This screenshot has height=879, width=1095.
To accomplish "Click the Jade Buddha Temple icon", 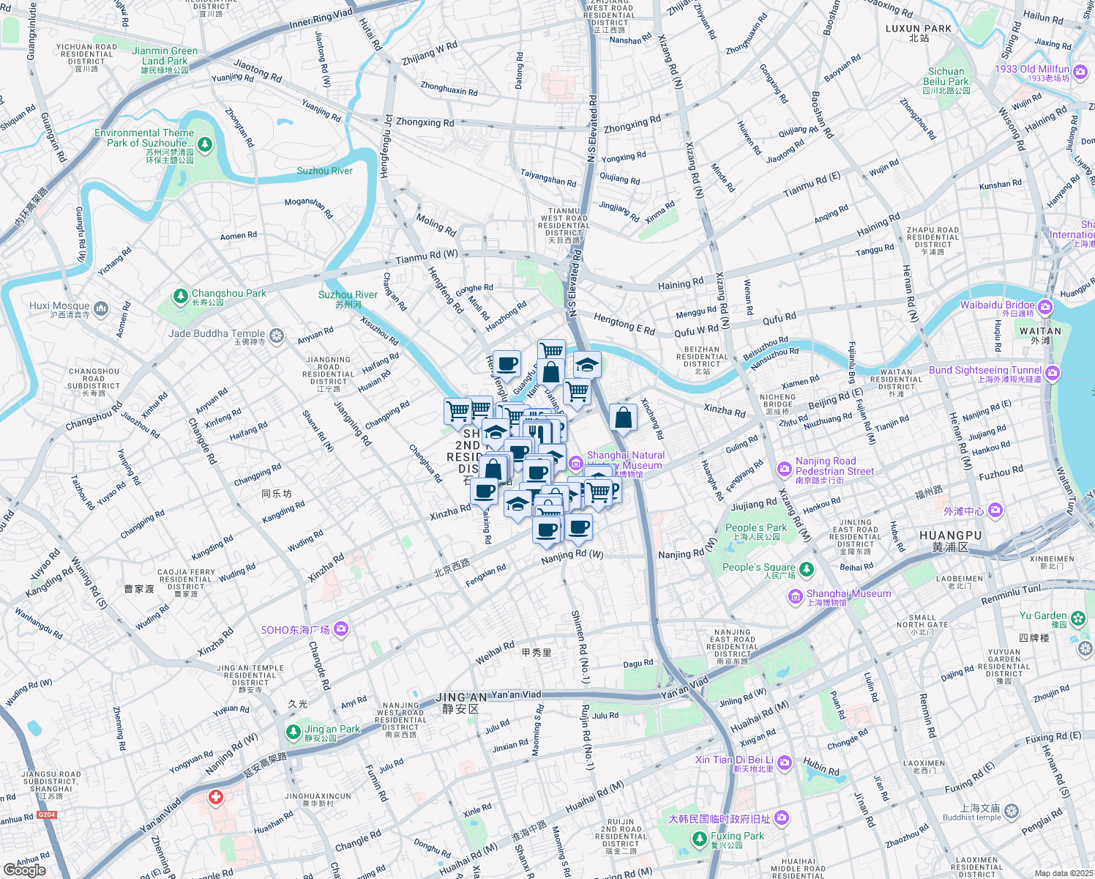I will point(277,335).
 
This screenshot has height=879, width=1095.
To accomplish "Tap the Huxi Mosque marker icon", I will point(101,308).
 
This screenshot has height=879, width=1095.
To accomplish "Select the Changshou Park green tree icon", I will point(181,296).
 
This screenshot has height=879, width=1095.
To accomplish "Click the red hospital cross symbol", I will point(215,797).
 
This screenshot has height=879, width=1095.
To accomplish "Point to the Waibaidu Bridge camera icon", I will point(1045,307).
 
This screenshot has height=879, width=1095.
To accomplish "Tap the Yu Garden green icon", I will point(1078,619).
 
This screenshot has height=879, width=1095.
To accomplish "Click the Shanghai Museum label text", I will point(848,594).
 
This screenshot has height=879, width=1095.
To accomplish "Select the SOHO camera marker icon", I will point(340,629).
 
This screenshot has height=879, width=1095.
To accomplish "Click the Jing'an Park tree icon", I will point(294,732).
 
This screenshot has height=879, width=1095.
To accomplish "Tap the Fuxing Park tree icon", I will point(700,838).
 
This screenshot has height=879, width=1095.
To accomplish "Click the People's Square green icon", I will point(807,569).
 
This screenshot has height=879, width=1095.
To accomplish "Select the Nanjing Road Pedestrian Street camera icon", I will point(785,468).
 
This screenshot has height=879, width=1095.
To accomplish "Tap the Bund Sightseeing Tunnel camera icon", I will point(1053,374).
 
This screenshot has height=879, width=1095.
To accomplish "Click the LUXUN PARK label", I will point(919,29).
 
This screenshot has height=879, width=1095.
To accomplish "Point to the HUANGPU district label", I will point(950,535).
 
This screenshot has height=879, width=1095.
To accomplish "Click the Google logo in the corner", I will point(24,870).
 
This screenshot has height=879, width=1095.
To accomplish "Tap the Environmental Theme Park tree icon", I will point(205,144).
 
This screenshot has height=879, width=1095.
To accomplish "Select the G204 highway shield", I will point(47,815).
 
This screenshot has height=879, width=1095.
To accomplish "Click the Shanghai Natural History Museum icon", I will point(575,462).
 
